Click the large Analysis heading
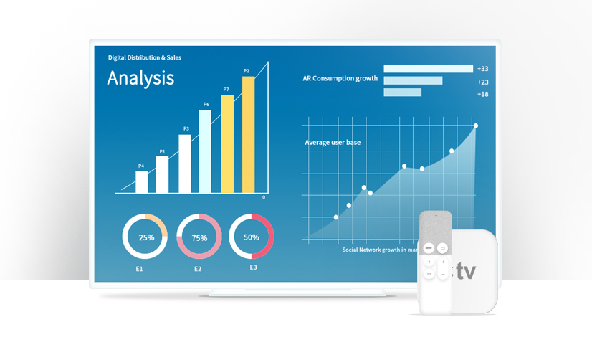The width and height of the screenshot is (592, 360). coord(140,77)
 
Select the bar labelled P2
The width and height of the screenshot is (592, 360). coord(249,134)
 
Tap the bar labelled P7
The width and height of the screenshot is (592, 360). coord(227,143)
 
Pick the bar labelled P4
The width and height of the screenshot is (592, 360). coord(142,182)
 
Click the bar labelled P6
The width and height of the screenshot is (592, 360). coord(205,151)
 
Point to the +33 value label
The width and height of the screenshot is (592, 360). coord(482,69)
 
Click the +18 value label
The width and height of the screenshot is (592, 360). coord(482,94)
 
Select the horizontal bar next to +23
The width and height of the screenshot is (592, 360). coord(413,81)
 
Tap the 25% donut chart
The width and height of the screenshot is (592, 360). coord(145,236)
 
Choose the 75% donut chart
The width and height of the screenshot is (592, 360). coord(199,237)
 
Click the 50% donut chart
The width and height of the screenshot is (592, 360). coord(252,236)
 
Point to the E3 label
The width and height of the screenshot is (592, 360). coord(253,267)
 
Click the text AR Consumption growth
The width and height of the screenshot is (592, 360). coord(340,78)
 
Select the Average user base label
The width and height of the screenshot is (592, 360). coord(333,143)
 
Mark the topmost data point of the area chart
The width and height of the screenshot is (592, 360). coord(476,126)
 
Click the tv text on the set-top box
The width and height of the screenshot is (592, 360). coord(466,273)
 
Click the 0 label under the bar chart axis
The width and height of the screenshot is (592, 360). coord(264,197)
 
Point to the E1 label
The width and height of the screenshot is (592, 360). coord(139,269)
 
